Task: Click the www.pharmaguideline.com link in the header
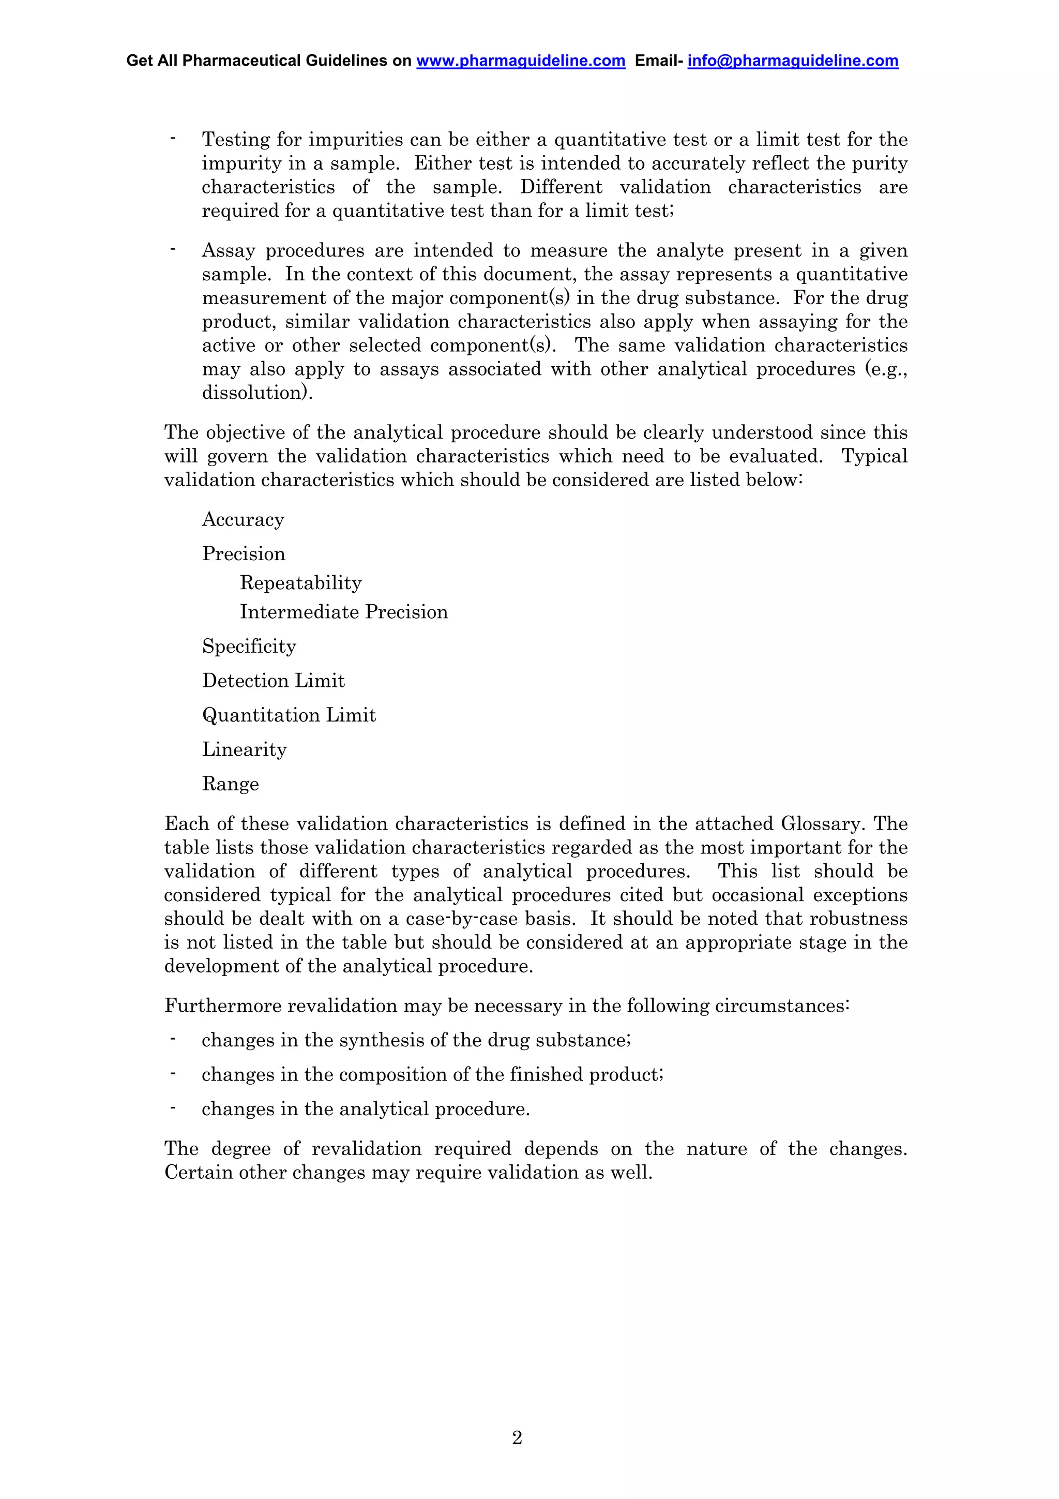coord(521,61)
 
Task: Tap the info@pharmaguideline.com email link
coord(793,61)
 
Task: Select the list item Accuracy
coord(243,520)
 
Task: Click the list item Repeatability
coord(300,583)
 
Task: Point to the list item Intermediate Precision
coord(344,612)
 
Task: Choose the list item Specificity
coord(249,647)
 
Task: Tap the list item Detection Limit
coord(273,681)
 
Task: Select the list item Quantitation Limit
coord(289,715)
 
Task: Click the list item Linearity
coord(244,750)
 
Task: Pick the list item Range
coord(230,784)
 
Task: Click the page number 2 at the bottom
coord(517,1437)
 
